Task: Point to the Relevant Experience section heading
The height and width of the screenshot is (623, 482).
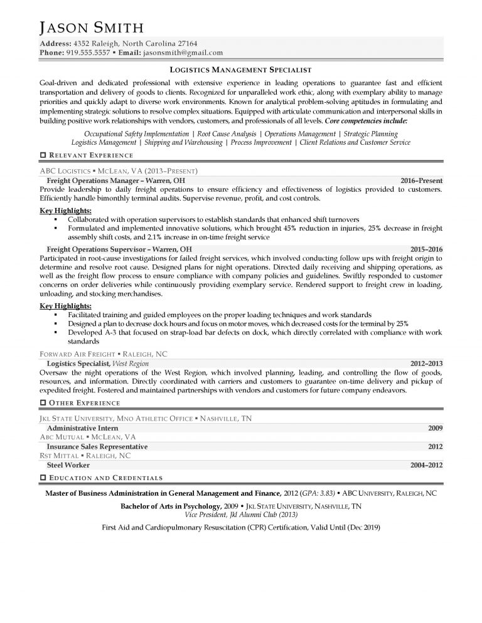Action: (91, 155)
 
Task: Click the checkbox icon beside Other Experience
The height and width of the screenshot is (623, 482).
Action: (42, 402)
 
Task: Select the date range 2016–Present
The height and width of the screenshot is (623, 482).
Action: (421, 181)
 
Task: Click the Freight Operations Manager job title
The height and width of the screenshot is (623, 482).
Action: (116, 181)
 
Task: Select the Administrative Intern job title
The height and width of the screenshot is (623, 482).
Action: (83, 428)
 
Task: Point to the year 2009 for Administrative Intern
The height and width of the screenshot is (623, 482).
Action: (435, 428)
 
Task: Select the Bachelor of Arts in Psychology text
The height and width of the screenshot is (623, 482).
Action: (169, 506)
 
